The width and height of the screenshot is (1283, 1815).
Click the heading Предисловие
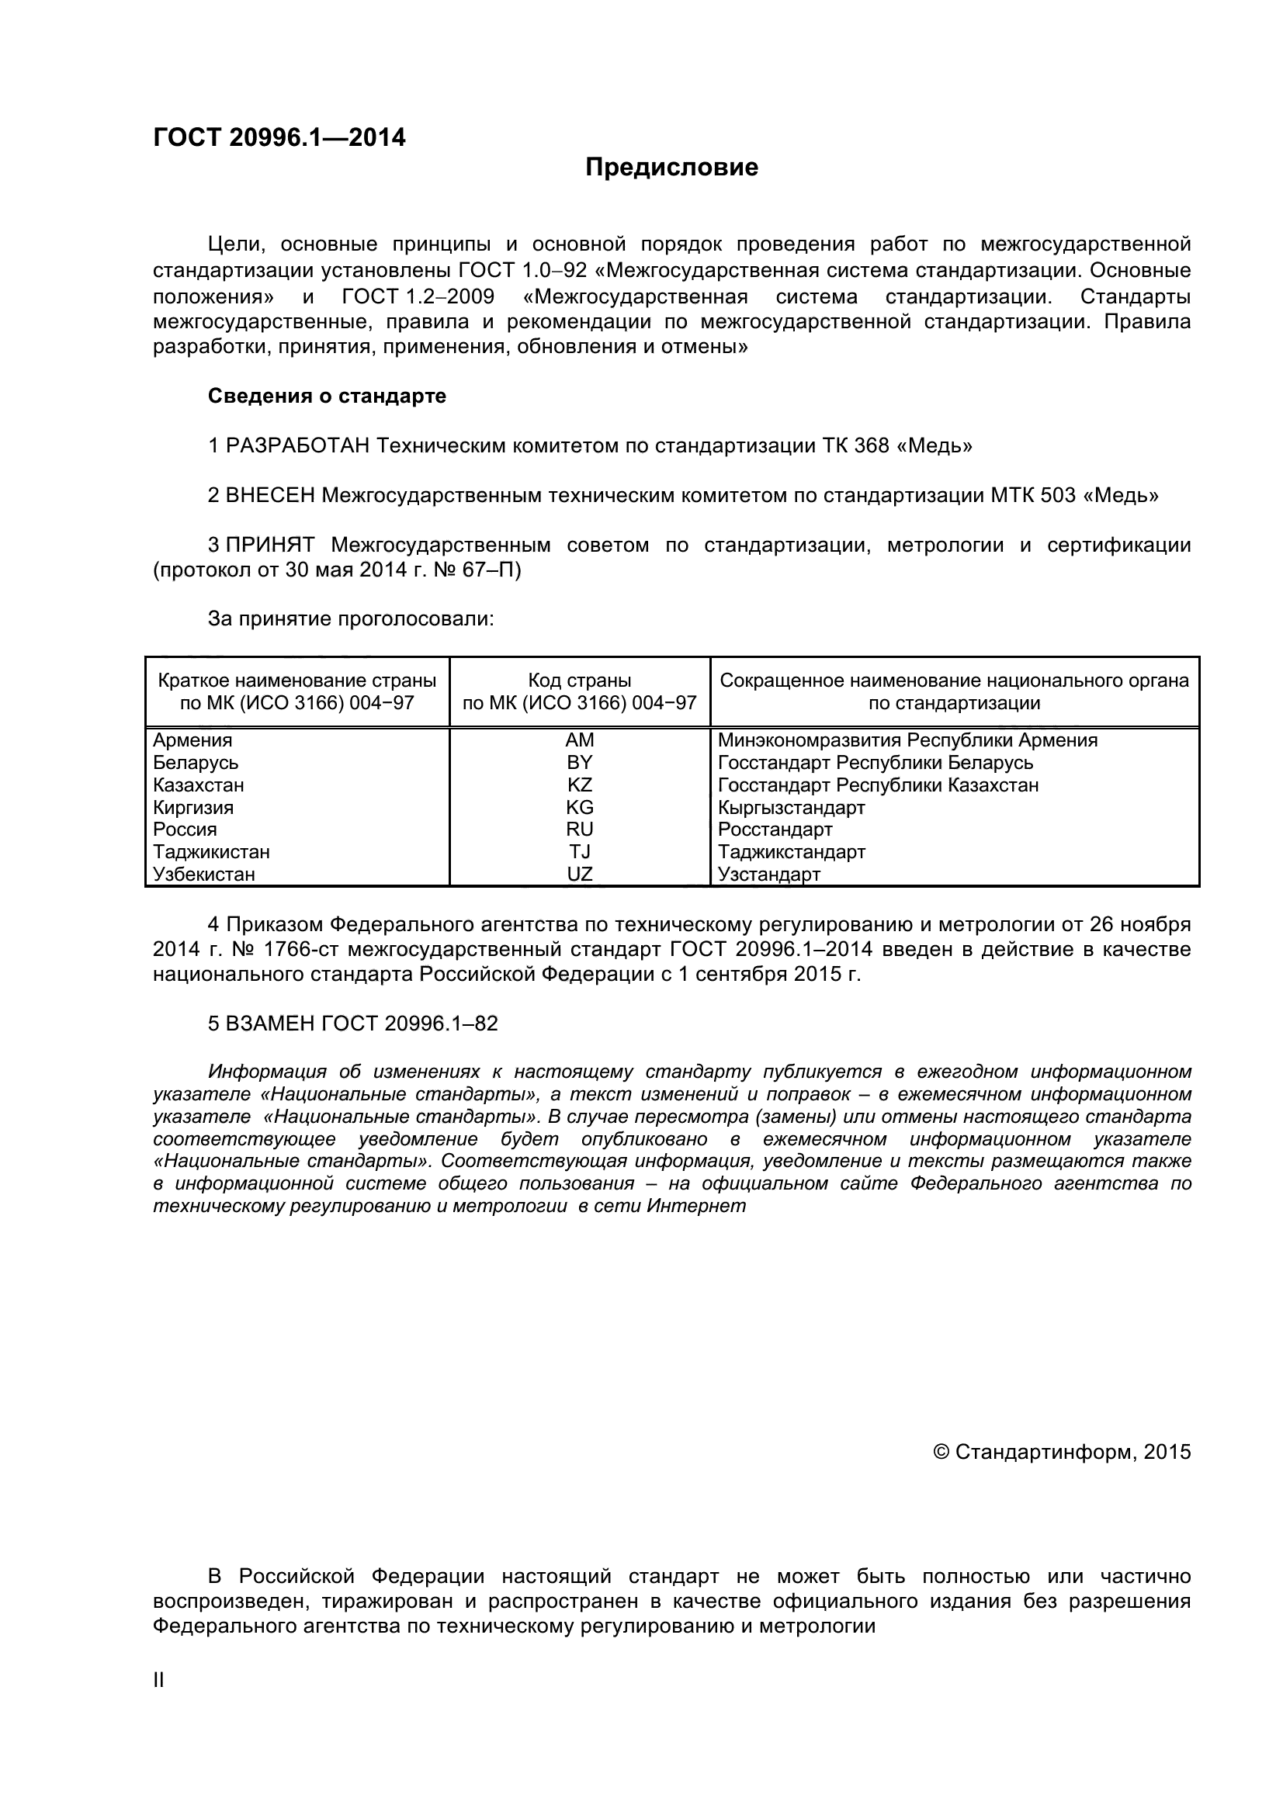click(671, 168)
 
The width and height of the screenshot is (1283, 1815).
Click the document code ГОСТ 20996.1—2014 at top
click(279, 138)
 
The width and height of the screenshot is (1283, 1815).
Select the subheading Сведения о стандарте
click(327, 396)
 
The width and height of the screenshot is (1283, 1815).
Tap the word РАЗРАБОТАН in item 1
click(297, 446)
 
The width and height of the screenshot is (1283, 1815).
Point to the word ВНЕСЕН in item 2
click(270, 496)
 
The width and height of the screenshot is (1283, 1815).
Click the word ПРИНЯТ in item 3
click(270, 545)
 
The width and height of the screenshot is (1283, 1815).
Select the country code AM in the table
click(580, 741)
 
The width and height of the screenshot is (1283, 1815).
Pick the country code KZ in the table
click(580, 785)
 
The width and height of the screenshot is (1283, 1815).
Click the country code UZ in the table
click(580, 875)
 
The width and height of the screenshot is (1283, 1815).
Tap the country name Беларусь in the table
click(196, 763)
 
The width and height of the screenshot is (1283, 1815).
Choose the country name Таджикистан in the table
click(211, 852)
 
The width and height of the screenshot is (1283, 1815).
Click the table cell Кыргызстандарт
click(792, 808)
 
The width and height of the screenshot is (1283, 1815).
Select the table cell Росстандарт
click(775, 830)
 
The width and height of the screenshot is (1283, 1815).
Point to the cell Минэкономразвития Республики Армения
click(907, 741)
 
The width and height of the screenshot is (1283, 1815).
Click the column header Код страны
click(580, 681)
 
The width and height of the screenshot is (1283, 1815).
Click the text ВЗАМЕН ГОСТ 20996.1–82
click(352, 1024)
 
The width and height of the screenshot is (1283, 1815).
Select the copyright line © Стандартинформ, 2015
click(1062, 1452)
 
